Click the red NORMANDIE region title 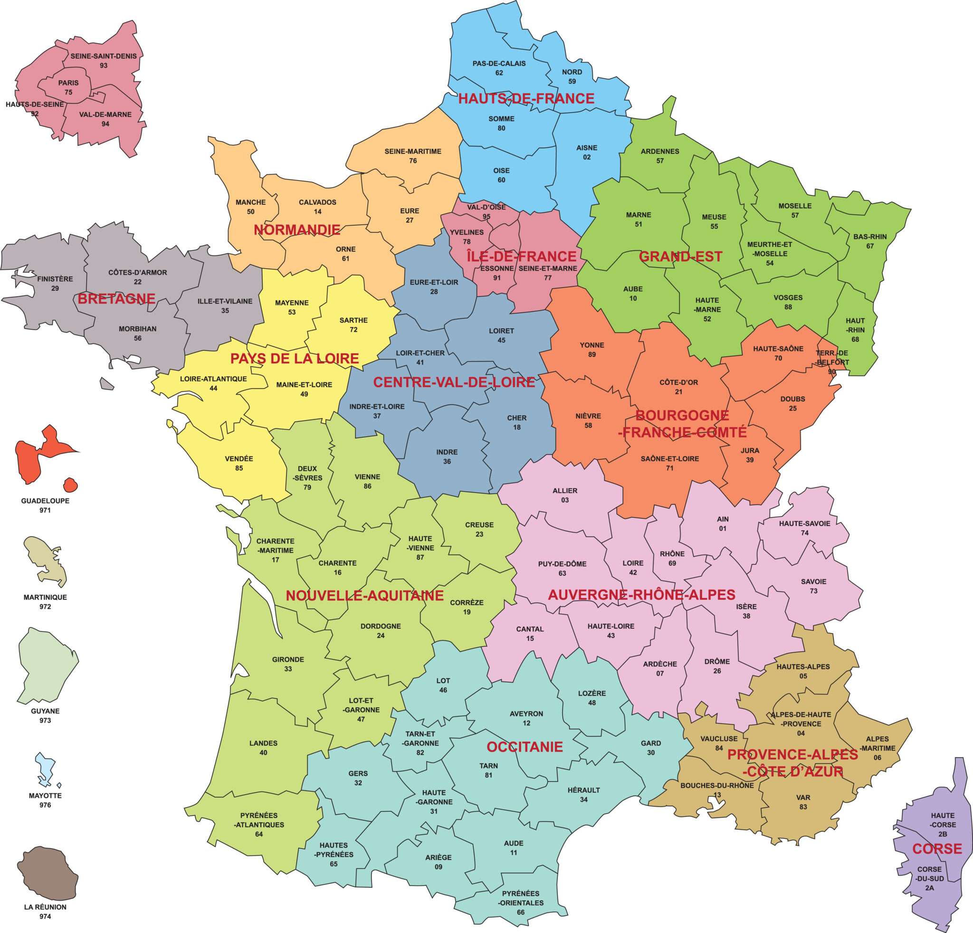(297, 229)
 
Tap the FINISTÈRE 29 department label (55, 284)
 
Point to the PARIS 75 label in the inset (68, 87)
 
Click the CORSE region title (937, 848)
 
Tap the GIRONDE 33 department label (288, 664)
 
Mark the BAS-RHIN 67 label (870, 241)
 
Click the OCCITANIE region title (525, 746)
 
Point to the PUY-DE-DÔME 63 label (562, 568)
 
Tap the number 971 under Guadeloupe (45, 510)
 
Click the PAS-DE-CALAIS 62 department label (499, 68)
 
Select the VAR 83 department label (803, 801)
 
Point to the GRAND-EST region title (680, 257)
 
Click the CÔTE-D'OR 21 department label (678, 387)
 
